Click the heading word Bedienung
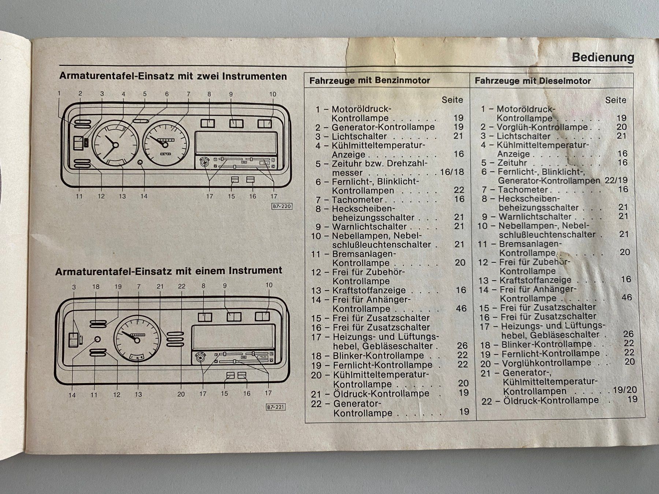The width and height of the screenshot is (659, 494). point(603,57)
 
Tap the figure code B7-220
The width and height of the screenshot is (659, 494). point(282,206)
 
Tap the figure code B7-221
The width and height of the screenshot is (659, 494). point(275,407)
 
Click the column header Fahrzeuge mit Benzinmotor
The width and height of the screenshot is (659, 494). point(369,81)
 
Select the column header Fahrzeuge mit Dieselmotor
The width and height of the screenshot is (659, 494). point(533,81)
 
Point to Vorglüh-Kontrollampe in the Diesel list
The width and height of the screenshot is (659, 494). point(542,127)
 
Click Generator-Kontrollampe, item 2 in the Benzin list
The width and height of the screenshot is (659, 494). point(383,127)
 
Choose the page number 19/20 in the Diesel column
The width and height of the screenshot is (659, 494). point(625,390)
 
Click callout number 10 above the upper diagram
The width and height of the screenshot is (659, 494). point(272,94)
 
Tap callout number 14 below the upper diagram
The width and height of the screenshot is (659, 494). point(144,197)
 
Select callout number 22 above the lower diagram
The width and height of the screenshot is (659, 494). point(182,287)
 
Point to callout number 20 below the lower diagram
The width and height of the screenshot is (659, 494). point(181,394)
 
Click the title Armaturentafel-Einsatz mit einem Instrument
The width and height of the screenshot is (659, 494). point(168,271)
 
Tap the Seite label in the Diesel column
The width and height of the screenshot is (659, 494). point(615,100)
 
